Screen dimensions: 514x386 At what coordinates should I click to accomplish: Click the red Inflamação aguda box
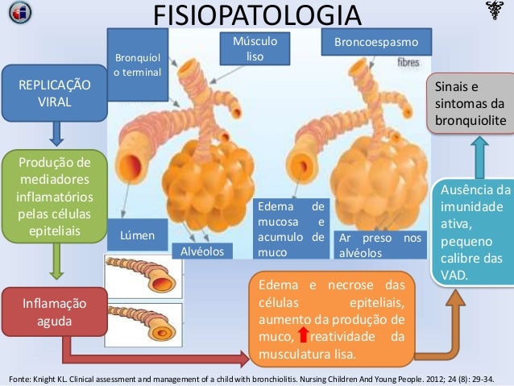[54, 311]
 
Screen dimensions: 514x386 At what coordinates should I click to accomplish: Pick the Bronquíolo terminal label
[138, 65]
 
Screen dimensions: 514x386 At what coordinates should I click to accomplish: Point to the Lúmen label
[136, 236]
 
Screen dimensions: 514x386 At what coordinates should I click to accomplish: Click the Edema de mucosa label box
[290, 230]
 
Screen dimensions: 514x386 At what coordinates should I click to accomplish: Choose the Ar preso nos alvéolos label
[379, 245]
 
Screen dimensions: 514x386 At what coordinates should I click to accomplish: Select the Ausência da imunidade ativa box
[476, 233]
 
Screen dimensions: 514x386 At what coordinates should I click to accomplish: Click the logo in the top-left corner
[16, 14]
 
